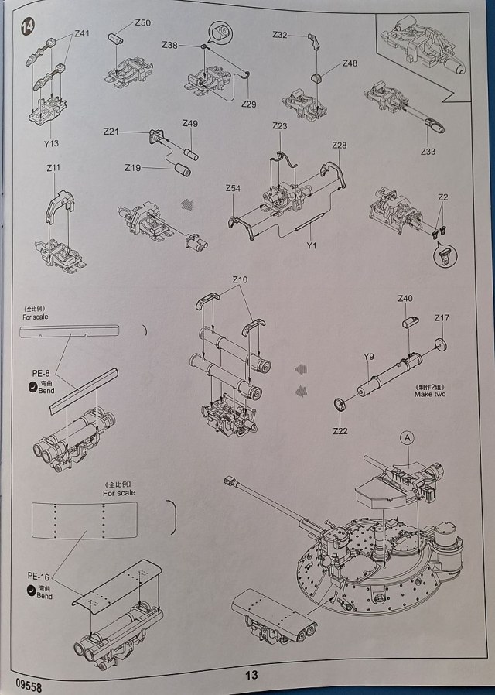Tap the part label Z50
pyautogui.click(x=142, y=23)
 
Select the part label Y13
pyautogui.click(x=51, y=143)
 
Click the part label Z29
pyautogui.click(x=248, y=104)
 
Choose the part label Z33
pyautogui.click(x=428, y=151)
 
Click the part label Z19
pyautogui.click(x=133, y=167)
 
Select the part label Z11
pyautogui.click(x=53, y=168)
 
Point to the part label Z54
pyautogui.click(x=233, y=189)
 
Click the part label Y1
pyautogui.click(x=312, y=246)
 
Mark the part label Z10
pyautogui.click(x=240, y=279)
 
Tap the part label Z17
pyautogui.click(x=442, y=318)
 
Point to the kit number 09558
pyautogui.click(x=27, y=683)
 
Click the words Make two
pyautogui.click(x=430, y=395)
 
